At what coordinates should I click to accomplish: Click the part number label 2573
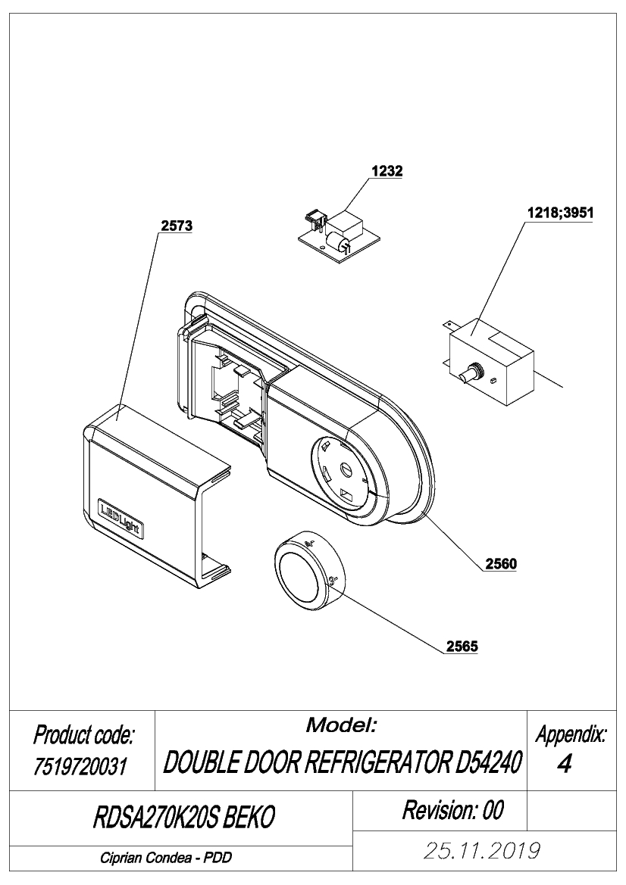tap(177, 226)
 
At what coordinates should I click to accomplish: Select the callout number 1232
tap(387, 171)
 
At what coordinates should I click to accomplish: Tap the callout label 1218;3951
tap(560, 213)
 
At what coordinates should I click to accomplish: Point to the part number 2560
tap(501, 564)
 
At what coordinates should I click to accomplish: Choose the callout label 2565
tap(462, 647)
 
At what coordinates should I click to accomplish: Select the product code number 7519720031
tap(80, 767)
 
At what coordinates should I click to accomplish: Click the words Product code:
tap(83, 735)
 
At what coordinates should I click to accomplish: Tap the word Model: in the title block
tap(341, 725)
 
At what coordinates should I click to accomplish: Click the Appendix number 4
tap(564, 764)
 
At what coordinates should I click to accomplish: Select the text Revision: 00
tap(452, 811)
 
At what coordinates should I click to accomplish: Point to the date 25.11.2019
tap(481, 851)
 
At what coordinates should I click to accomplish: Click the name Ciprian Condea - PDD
tap(166, 858)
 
